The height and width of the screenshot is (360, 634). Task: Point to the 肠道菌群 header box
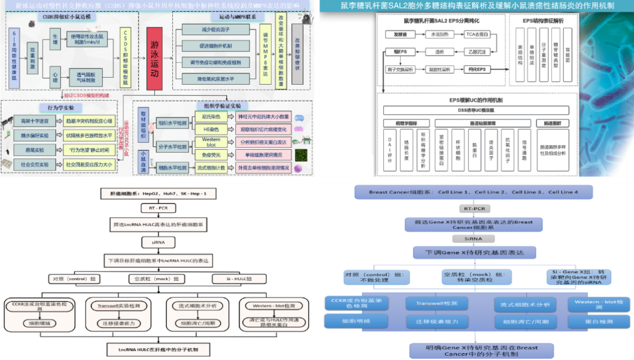pyautogui.click(x=553, y=124)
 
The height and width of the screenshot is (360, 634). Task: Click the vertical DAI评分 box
pyautogui.click(x=390, y=151)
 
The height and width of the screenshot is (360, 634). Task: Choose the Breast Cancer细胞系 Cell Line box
pyautogui.click(x=474, y=193)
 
